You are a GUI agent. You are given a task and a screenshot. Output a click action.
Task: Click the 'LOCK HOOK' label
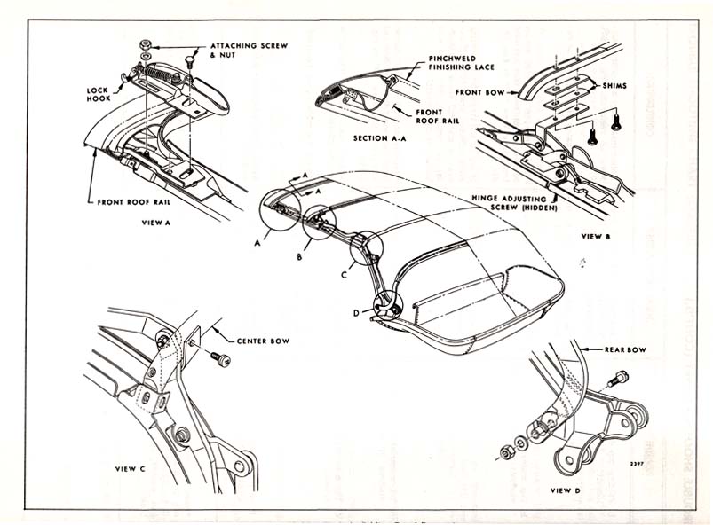99,94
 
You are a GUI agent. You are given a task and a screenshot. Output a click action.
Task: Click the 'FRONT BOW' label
479,91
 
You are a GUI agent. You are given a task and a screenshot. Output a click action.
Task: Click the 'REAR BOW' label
625,349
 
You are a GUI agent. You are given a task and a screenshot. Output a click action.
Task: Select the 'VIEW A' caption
156,223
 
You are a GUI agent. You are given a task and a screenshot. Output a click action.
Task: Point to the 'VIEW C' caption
131,468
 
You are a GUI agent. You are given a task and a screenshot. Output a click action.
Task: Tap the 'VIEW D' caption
566,490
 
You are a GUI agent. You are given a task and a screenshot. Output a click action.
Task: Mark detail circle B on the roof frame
319,224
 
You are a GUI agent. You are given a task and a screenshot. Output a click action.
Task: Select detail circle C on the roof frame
366,249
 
